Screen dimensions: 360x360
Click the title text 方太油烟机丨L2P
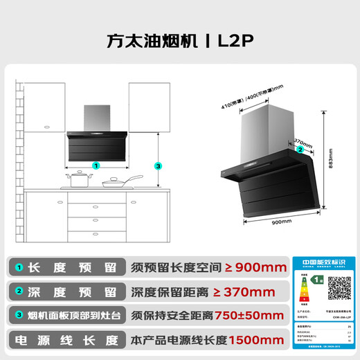[x=180, y=39]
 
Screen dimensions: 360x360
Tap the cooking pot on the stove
[x=79, y=180]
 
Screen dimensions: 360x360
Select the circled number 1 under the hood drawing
[x=96, y=166]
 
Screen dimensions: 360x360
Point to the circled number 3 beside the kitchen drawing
[x=158, y=166]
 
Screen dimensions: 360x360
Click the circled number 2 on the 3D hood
[x=299, y=149]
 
